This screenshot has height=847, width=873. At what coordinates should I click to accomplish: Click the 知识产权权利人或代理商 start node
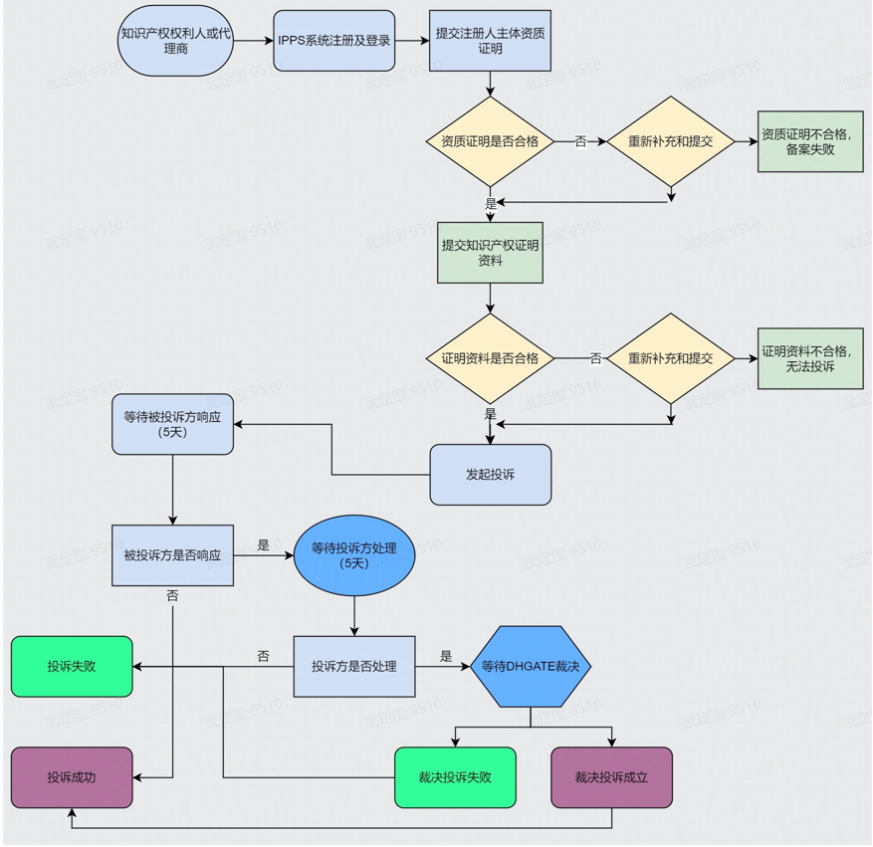(174, 41)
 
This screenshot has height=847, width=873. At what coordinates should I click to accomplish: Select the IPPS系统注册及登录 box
(334, 41)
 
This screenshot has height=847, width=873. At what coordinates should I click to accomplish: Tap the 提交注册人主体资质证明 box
(490, 41)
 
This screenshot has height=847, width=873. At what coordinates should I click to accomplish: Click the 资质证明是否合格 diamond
(490, 141)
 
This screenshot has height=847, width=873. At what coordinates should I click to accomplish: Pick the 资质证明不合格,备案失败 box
(810, 141)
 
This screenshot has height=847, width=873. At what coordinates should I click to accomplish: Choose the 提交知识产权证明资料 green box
(490, 253)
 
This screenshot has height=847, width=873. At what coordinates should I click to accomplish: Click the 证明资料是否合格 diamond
(490, 358)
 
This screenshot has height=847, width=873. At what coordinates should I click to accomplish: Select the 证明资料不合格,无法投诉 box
(810, 358)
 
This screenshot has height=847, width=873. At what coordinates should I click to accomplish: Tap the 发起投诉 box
(490, 475)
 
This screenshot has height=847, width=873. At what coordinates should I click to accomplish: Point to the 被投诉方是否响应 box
(173, 554)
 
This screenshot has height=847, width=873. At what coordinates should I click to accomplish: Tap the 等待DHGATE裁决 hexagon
(531, 666)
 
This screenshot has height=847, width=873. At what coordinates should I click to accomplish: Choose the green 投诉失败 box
(72, 666)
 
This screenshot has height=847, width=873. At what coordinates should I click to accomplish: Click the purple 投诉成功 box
(72, 777)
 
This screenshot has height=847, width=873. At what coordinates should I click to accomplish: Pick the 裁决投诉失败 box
(456, 777)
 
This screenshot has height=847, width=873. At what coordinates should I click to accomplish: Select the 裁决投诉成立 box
(611, 777)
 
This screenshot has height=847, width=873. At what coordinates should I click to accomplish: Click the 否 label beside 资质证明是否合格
(580, 141)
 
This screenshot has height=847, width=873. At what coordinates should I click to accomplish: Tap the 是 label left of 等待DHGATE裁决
(446, 657)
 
